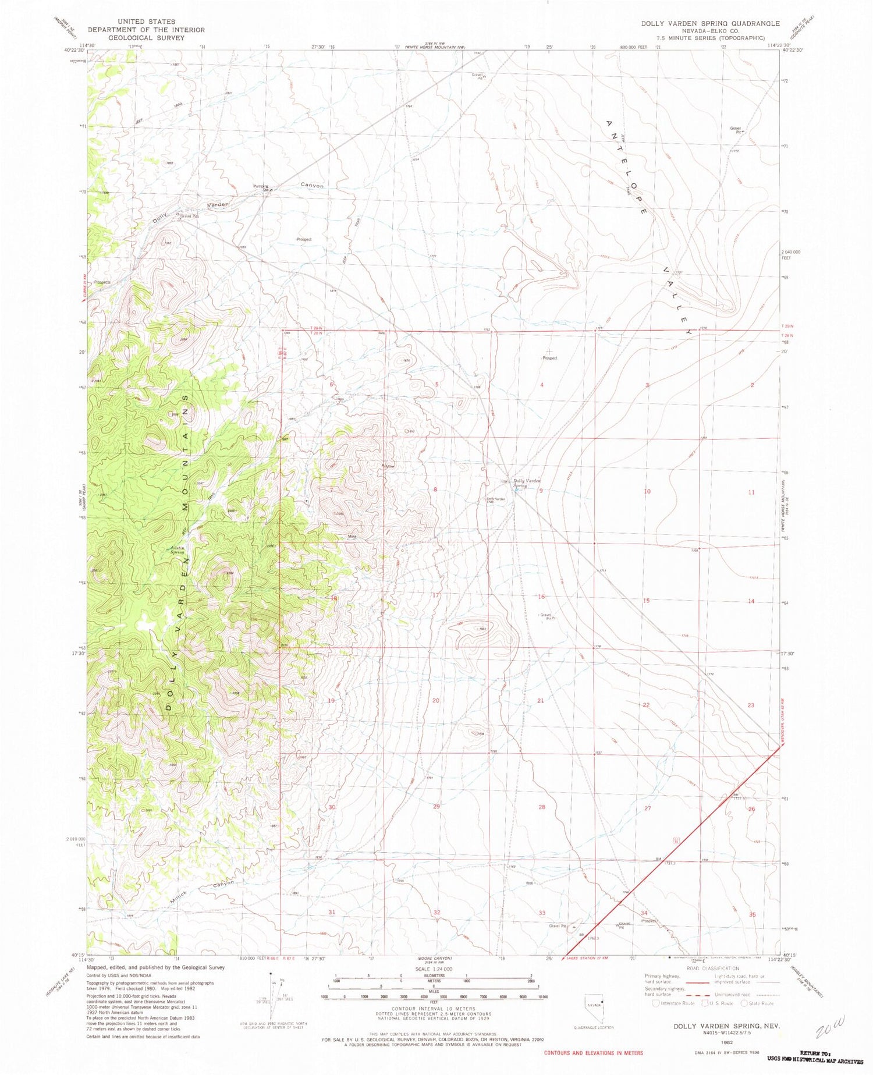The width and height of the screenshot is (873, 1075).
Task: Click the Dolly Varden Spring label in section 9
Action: tap(527, 483)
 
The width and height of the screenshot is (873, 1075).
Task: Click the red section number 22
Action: tap(646, 705)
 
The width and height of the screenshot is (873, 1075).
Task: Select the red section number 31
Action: tap(332, 912)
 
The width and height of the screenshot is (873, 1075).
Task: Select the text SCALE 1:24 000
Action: tap(432, 969)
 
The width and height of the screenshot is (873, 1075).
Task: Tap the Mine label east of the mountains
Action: tap(352, 537)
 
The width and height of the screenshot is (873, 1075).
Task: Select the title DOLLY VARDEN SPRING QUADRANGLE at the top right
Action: tap(710, 23)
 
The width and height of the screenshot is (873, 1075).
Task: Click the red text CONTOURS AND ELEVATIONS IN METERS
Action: tap(593, 1053)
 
